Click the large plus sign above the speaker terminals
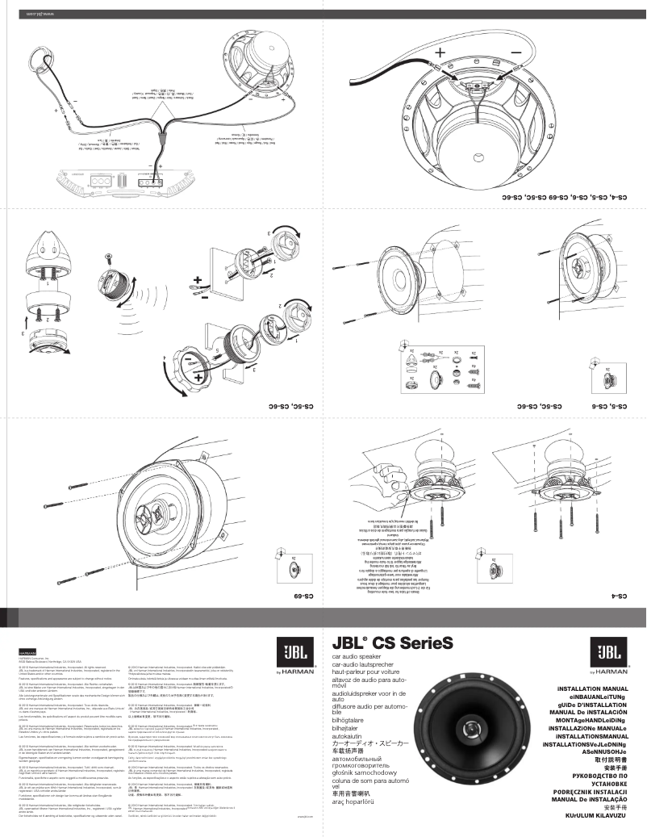tap(440, 52)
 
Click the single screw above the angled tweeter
tap(110, 259)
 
